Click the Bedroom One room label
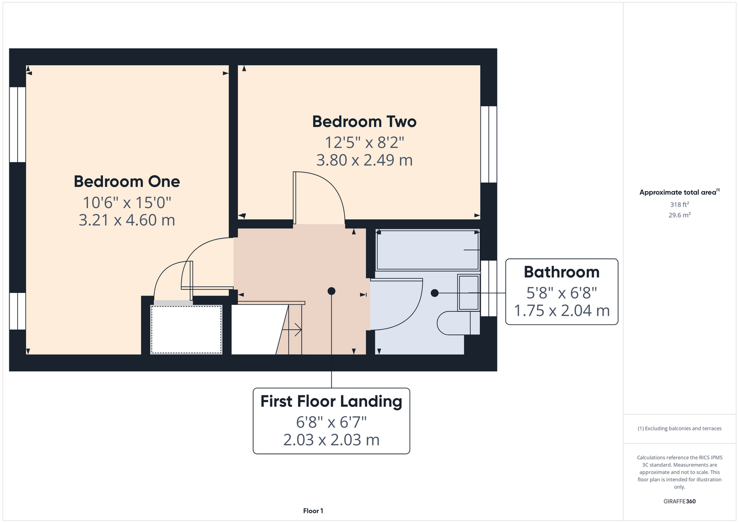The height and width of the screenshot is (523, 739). pos(127,181)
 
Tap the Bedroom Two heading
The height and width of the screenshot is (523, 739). pos(364,121)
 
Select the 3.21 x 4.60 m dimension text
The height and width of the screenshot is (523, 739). pos(127,220)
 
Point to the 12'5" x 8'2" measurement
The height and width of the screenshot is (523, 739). pos(364,143)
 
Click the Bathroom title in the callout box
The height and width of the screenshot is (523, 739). pos(562,272)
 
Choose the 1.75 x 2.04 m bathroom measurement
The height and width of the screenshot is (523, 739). pos(562,311)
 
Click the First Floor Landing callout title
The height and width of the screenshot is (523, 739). pos(331,401)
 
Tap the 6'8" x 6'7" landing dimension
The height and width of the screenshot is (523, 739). pos(331,422)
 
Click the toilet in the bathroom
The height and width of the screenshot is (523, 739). pos(459,323)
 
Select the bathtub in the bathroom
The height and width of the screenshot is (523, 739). pos(428,250)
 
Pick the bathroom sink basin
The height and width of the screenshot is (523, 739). pos(469,292)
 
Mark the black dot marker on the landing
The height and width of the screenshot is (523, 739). pos(331,291)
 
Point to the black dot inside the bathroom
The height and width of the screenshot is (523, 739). pos(435,293)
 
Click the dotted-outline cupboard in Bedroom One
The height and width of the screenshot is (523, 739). pos(186,329)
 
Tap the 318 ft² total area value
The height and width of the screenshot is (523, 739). pos(679,204)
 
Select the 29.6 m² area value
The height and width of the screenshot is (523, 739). pos(679,215)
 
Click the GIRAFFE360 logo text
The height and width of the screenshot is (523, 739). pos(679,501)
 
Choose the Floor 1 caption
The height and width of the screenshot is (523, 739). pos(313,511)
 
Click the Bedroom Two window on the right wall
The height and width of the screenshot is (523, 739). pos(488,144)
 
